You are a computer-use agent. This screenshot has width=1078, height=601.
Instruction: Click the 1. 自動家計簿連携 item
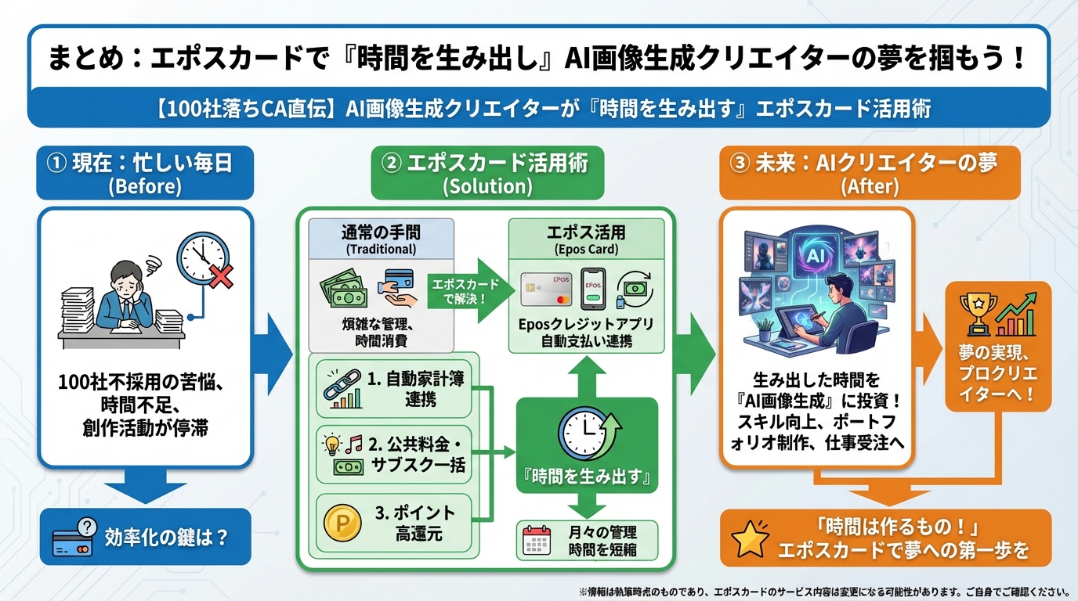[x=393, y=389]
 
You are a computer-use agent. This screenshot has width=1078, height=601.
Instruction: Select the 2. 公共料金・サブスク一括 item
[x=393, y=455]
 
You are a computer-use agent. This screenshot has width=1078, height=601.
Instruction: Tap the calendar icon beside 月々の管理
[x=537, y=540]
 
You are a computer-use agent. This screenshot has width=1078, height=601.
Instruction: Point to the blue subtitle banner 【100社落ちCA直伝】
[x=538, y=108]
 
